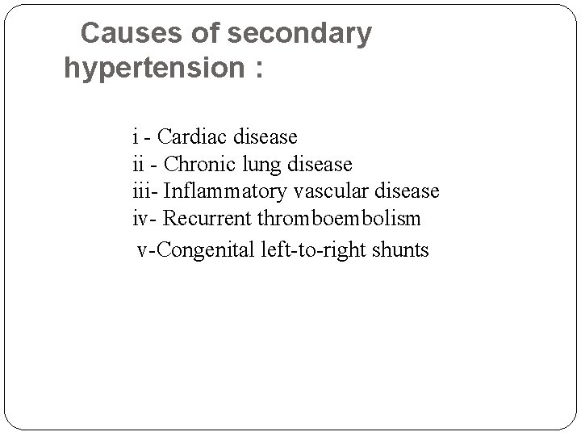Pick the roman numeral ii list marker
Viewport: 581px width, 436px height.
click(x=138, y=164)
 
